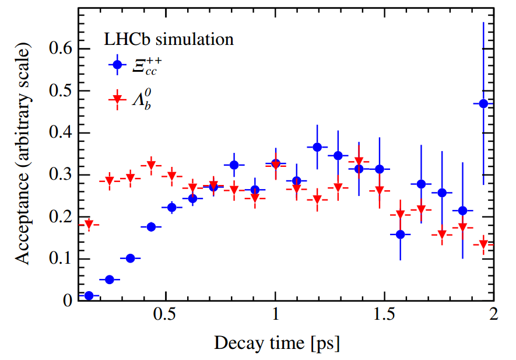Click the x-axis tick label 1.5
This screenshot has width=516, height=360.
(384, 316)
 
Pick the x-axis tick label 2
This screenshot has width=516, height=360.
(494, 316)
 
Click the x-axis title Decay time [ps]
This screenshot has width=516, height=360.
(277, 342)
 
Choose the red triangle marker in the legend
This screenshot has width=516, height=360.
(117, 99)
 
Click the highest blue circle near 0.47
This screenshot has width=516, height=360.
(483, 103)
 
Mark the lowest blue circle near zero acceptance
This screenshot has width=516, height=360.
(89, 296)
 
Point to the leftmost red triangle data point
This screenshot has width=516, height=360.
(89, 225)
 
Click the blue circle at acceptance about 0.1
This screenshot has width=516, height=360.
(130, 258)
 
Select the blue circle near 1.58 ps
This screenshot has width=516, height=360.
(400, 235)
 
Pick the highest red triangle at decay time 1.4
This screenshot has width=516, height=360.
(359, 162)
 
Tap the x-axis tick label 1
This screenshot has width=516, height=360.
(275, 316)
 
